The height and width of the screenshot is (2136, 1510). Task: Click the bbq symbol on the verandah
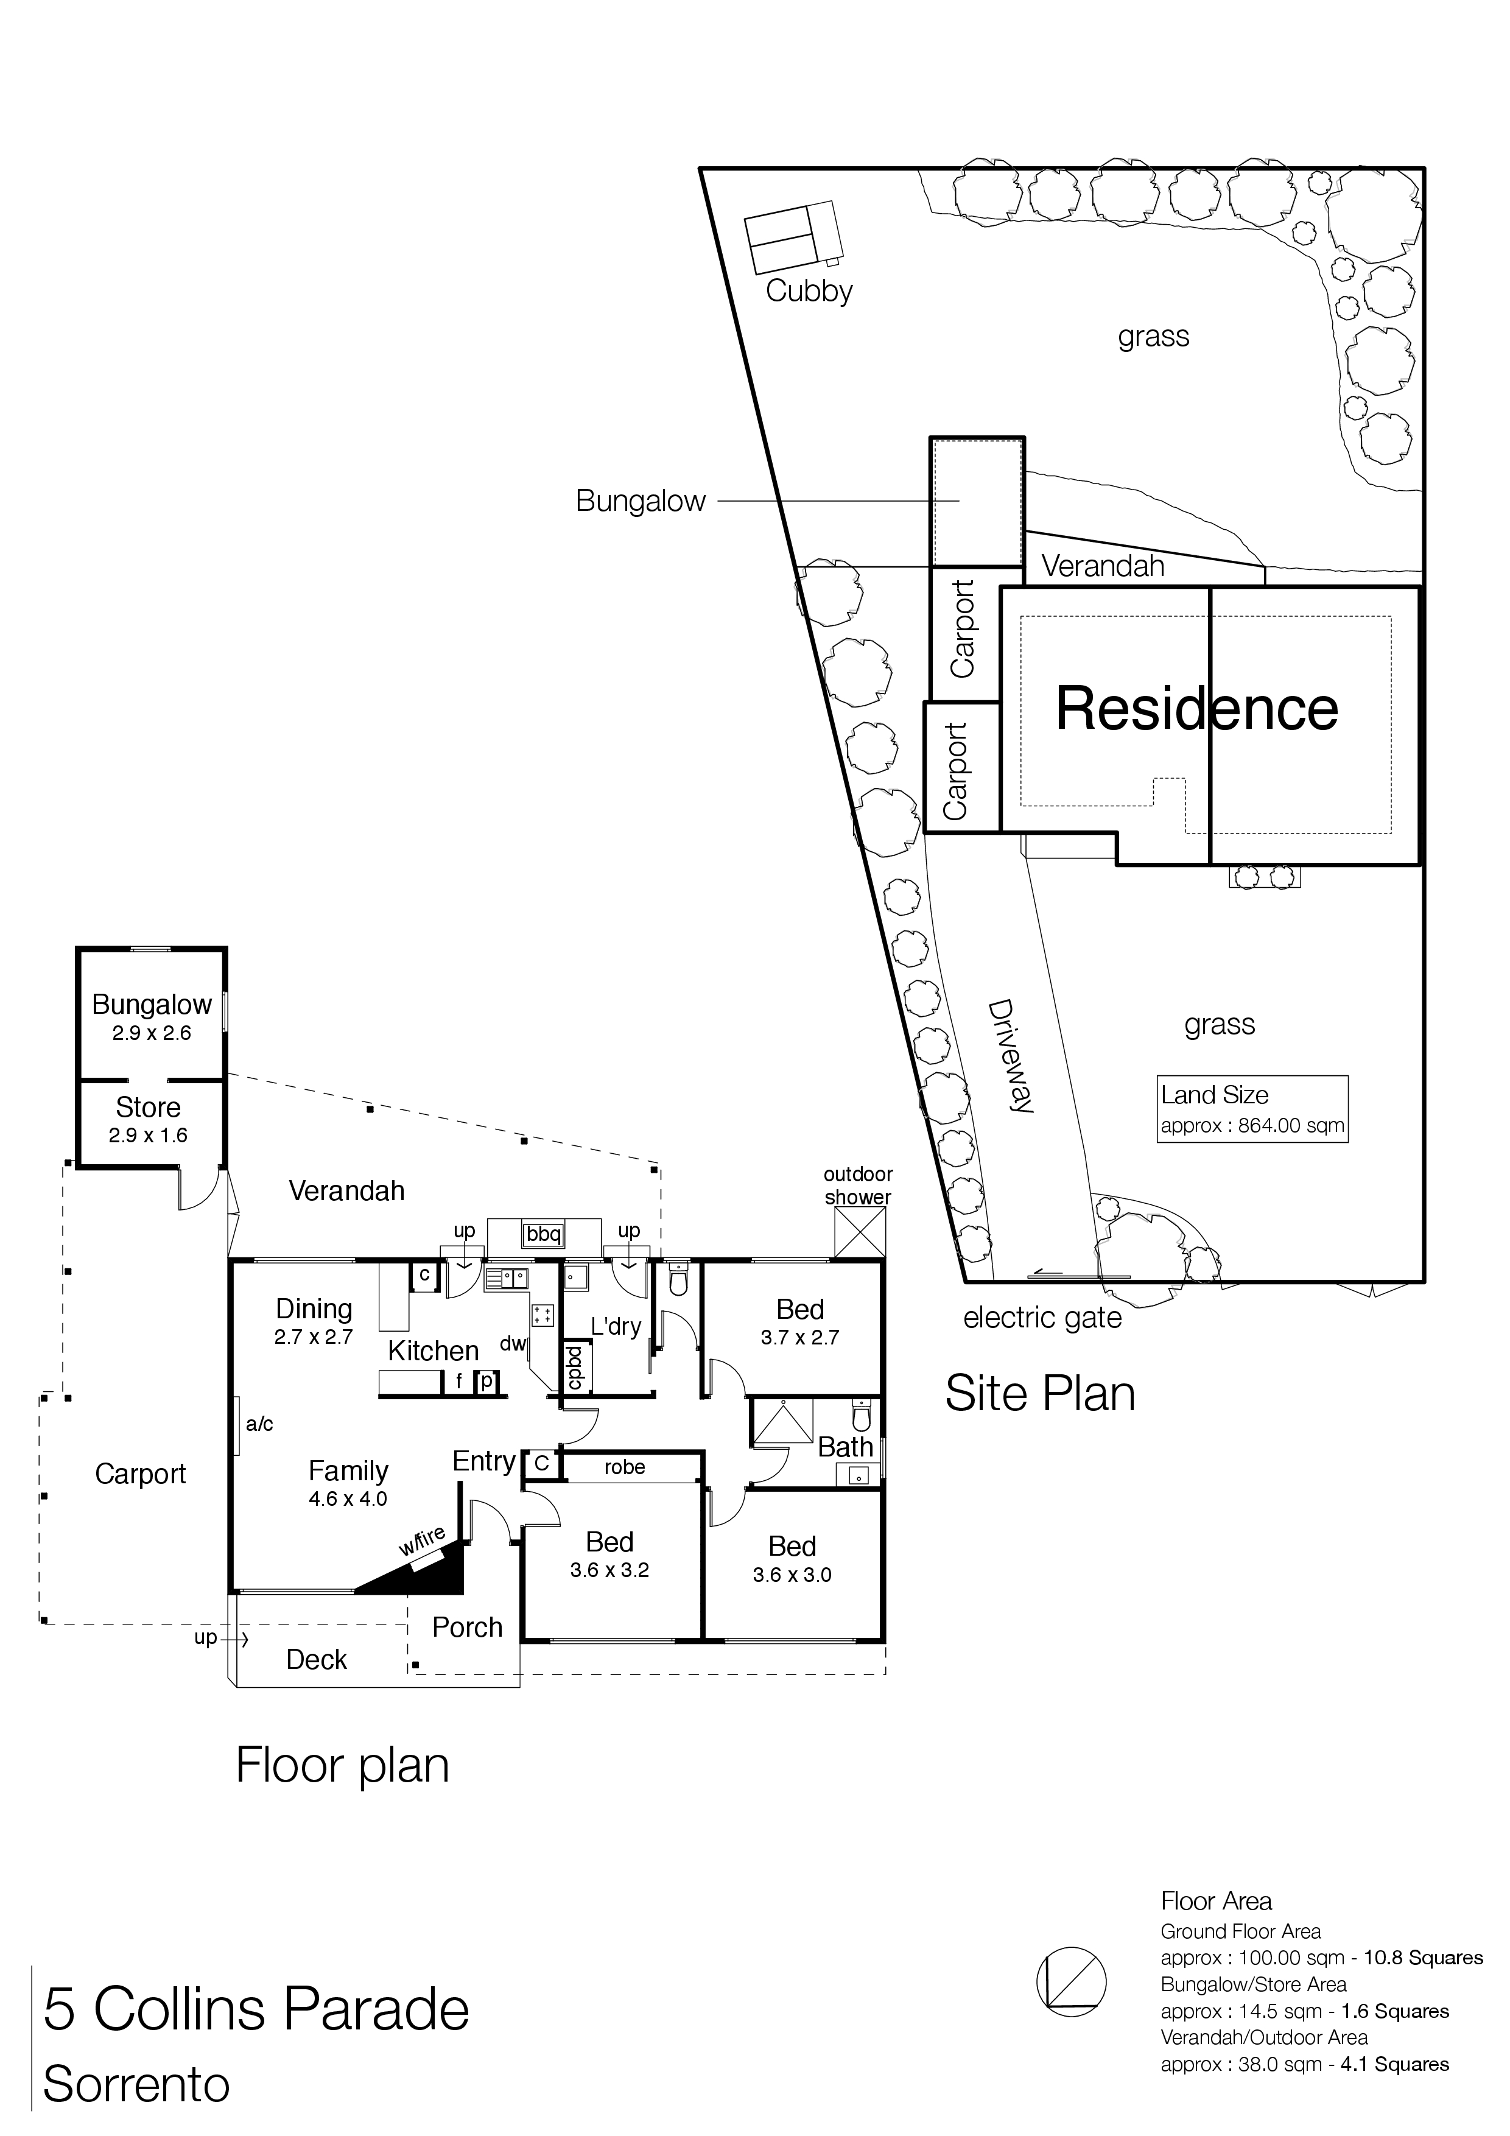543,1234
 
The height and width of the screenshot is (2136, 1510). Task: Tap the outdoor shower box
860,1234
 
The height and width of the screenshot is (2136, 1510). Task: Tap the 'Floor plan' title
342,1766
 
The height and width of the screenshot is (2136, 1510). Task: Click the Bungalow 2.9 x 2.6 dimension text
152,1033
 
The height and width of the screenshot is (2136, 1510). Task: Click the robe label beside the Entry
624,1467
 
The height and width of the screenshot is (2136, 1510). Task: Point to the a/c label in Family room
259,1424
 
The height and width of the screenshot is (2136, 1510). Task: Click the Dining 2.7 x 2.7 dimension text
314,1338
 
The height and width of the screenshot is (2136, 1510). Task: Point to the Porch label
467,1627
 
